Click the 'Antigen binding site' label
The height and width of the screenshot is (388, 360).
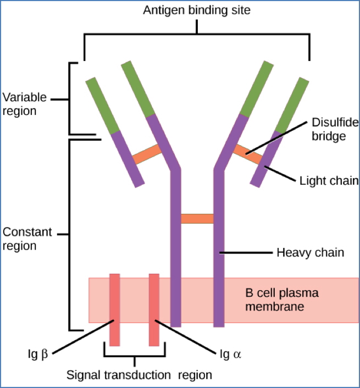196,10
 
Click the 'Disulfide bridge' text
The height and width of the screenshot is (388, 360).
329,129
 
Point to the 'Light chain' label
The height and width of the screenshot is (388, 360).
329,181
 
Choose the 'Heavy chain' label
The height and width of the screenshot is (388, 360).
310,253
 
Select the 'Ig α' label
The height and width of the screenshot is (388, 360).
230,354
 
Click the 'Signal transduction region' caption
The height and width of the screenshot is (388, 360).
139,375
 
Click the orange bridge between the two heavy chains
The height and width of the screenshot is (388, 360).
197,219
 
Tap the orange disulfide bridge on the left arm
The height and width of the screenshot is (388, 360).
147,154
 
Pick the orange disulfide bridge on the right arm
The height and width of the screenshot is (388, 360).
248,153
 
